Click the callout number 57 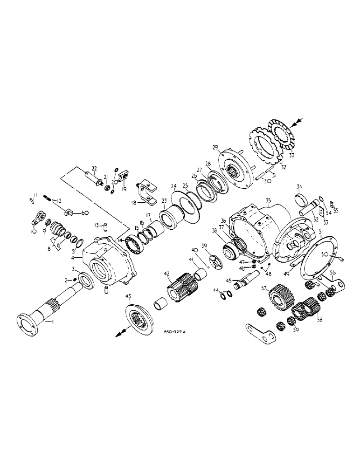264,289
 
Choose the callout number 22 94,168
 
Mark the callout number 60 84,212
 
